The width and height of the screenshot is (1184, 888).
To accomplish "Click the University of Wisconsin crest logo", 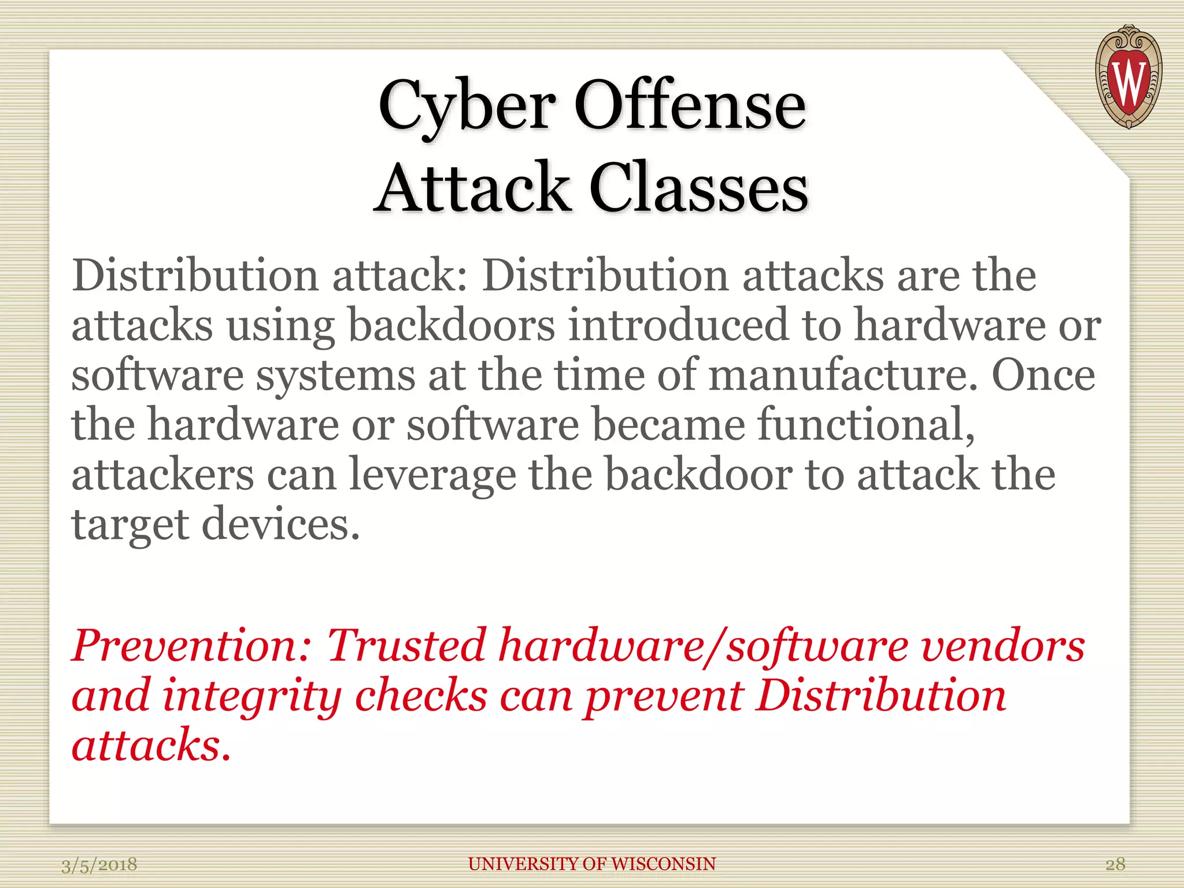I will pos(1128,77).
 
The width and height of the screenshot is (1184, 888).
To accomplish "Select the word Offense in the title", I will pos(690,105).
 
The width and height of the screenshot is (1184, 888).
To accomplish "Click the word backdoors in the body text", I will pos(451,324).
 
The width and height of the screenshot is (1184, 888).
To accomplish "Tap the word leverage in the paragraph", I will pos(432,475).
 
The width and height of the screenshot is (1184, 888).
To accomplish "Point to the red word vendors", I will pos(1003,645).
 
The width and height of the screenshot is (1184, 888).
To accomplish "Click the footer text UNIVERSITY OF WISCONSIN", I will pos(592,864).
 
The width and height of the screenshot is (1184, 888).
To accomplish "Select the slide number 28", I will pos(1115,864).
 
